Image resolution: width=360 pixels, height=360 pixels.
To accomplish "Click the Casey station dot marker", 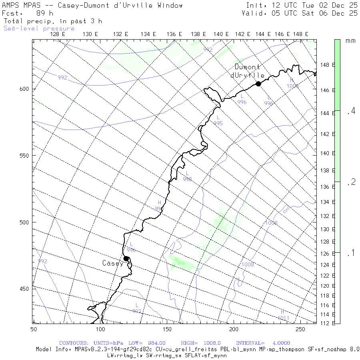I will (126, 258).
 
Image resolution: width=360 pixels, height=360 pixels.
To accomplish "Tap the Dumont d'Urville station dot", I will (258, 84).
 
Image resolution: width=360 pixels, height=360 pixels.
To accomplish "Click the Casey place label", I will (112, 263).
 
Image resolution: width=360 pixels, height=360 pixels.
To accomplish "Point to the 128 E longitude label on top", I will (58, 34).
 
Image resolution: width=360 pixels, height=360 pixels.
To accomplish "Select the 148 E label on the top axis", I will (300, 34).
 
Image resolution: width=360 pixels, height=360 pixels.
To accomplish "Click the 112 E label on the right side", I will (327, 323).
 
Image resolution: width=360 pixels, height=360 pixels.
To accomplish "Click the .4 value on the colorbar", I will (351, 111).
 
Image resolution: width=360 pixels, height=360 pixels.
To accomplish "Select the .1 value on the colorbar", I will (351, 253).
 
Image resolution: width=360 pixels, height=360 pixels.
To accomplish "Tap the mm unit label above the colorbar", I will (350, 41).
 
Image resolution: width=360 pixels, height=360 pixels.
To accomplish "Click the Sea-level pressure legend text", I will (39, 28).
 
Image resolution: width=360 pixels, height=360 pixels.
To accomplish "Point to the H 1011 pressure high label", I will (283, 315).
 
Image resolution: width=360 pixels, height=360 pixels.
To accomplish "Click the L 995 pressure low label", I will (218, 120).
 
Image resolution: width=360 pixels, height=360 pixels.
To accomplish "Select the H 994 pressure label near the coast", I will (159, 206).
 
